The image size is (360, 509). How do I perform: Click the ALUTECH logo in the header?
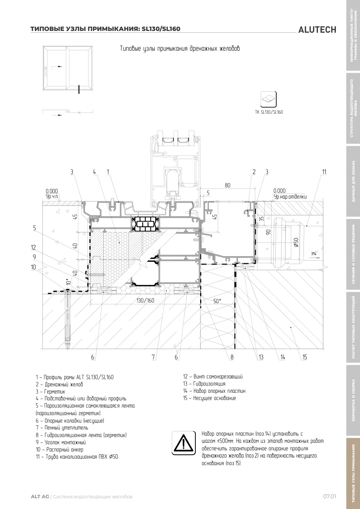click(317, 30)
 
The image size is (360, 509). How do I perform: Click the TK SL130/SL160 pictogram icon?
click(269, 99)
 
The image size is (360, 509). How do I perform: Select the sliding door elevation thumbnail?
click(68, 68)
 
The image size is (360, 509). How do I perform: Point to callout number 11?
click(324, 172)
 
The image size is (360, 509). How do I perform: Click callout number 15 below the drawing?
click(305, 357)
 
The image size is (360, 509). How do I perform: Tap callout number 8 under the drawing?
click(232, 357)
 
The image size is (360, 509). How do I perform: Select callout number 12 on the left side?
click(33, 247)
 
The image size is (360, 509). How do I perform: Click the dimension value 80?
click(228, 185)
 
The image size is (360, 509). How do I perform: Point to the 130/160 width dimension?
click(145, 300)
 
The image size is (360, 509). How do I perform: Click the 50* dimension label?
click(217, 301)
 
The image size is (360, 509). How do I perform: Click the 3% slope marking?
click(314, 254)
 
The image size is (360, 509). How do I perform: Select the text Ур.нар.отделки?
click(290, 197)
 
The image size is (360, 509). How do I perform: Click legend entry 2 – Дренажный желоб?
click(59, 384)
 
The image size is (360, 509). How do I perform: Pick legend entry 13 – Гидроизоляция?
click(204, 383)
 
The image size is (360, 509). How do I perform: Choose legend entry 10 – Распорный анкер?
click(60, 449)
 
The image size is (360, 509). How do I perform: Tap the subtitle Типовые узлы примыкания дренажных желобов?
click(180, 49)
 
